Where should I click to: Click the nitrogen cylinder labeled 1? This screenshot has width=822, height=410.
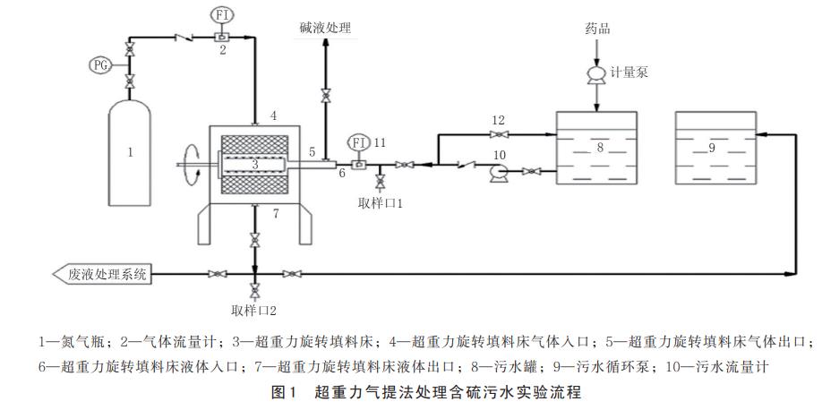tap(130, 154)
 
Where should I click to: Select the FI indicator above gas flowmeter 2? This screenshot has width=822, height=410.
tap(221, 15)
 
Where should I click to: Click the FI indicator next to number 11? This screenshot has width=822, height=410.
tap(358, 142)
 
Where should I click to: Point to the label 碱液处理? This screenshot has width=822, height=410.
tap(325, 29)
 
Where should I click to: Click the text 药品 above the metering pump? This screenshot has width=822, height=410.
tap(598, 29)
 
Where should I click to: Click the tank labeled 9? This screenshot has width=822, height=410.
tap(712, 148)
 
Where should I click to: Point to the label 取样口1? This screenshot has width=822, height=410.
tap(382, 203)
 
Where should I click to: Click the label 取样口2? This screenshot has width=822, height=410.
tap(255, 311)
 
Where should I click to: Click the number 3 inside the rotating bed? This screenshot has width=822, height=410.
tap(255, 164)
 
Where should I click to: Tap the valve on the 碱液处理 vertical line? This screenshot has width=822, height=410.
tap(325, 94)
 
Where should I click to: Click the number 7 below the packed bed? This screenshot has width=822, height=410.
tap(276, 213)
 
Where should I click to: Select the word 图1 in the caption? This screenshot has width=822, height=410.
tap(284, 391)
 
